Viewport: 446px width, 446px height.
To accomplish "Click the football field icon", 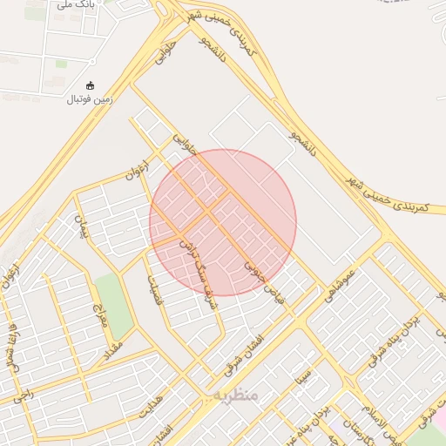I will point(91,85).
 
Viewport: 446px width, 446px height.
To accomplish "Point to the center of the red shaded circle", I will point(223,223).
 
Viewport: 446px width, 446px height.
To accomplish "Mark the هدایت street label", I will point(152,407).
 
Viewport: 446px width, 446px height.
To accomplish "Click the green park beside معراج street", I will point(114,305).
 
